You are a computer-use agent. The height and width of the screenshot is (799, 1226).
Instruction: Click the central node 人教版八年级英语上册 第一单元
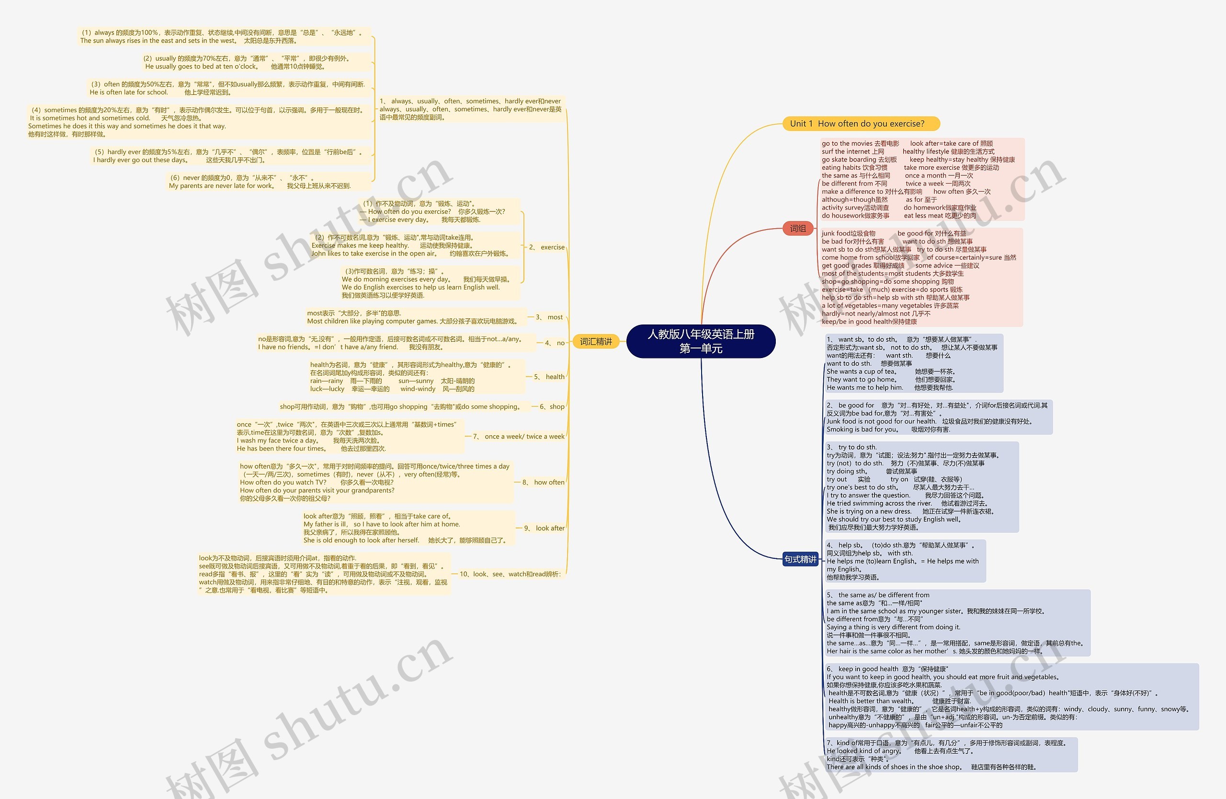pos(701,341)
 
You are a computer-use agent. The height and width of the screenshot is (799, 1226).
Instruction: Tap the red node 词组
pos(797,228)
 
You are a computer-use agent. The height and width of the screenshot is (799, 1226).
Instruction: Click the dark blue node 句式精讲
pos(800,559)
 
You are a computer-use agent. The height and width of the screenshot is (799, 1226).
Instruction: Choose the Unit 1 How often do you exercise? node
pos(861,124)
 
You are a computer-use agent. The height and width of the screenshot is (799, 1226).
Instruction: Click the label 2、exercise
pos(546,247)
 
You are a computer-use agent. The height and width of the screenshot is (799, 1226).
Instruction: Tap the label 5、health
pos(549,377)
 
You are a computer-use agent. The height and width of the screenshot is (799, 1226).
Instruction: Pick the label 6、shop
pos(552,407)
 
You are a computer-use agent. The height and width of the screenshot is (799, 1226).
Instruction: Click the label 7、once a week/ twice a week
pos(519,437)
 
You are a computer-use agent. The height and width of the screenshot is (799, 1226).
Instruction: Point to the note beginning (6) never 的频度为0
pos(260,182)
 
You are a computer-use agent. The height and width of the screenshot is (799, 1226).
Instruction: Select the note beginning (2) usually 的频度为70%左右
pos(247,62)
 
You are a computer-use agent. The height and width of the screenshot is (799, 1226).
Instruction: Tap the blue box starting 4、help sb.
pos(905,561)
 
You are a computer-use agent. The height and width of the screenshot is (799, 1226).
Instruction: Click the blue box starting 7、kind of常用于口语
pos(951,755)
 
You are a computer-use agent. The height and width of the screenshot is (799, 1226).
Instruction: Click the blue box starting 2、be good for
pos(938,417)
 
